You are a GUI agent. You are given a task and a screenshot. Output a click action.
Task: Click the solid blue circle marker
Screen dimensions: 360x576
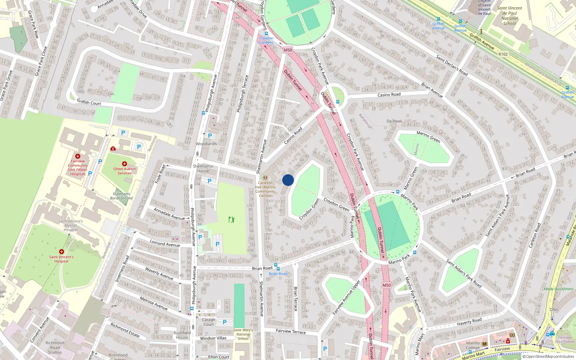point(288,180)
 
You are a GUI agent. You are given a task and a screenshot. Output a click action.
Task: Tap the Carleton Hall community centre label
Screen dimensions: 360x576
point(265,189)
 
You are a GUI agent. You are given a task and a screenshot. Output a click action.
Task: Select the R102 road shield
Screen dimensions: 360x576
point(503,54)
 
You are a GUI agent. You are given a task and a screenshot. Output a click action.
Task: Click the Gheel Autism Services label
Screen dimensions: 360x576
point(125,171)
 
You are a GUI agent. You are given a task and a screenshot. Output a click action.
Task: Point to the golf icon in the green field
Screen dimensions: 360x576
point(231,219)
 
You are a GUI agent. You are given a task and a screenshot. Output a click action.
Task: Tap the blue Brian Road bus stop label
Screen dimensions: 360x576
point(278,274)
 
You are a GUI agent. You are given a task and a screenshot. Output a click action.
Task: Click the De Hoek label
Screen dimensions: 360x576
point(394,121)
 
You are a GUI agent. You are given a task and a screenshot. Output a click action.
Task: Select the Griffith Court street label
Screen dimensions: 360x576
point(89,103)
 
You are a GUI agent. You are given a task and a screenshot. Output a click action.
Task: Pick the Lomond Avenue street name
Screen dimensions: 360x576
point(165,244)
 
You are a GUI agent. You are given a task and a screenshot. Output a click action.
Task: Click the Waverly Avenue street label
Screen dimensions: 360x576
point(159,273)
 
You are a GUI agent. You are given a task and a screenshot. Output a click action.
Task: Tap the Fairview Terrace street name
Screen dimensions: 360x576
point(291,332)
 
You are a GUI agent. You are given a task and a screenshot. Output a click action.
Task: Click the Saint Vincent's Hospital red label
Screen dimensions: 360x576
point(62,259)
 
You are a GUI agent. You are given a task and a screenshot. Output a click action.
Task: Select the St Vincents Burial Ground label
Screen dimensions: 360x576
point(121,196)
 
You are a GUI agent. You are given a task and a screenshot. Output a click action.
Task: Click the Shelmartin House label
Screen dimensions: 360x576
point(203,168)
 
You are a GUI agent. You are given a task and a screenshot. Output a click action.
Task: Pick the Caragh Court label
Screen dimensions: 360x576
point(208,322)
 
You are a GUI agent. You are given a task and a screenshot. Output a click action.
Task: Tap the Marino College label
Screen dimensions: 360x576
point(473,345)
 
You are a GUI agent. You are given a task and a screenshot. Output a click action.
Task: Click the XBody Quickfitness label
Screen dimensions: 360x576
point(558,289)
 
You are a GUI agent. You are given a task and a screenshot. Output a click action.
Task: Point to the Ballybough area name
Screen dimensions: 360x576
point(365,121)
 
